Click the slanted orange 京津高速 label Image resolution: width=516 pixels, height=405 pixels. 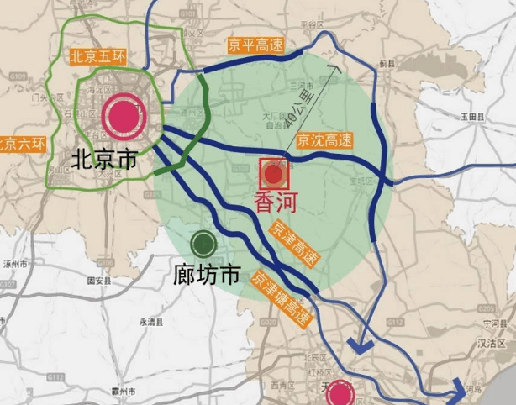[x=293, y=245]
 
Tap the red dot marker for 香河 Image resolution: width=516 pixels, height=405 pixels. [x=274, y=175]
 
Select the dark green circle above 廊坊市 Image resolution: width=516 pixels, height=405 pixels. [x=203, y=245]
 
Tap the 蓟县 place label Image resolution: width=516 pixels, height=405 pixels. [x=387, y=63]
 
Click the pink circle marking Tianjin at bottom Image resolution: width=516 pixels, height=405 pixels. [x=341, y=393]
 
